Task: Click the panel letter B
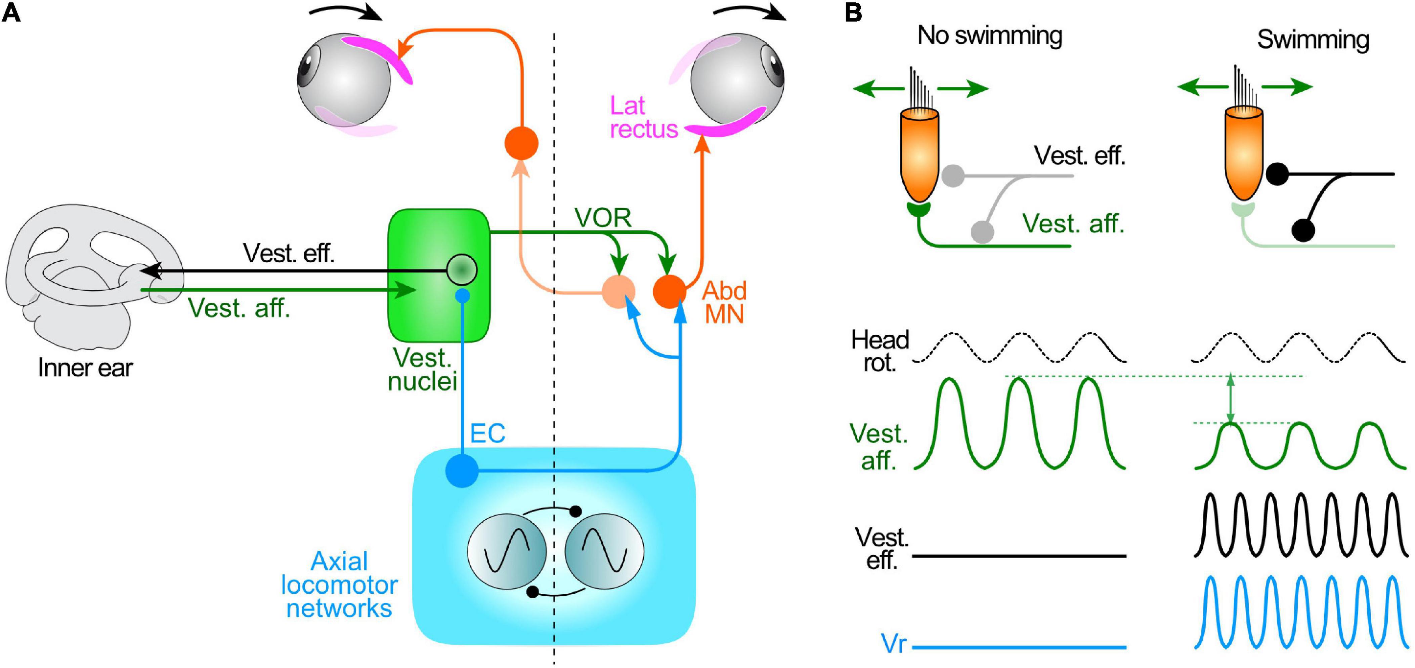click(x=853, y=12)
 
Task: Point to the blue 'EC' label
click(x=487, y=434)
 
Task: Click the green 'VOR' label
click(x=603, y=218)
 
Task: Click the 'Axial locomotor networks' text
click(x=339, y=585)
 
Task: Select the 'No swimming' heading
click(x=990, y=35)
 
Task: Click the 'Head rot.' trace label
click(x=880, y=351)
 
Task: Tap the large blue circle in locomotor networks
click(x=461, y=471)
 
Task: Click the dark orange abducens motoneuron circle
click(x=670, y=291)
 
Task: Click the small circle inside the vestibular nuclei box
click(x=461, y=269)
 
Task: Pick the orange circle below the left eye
click(x=521, y=143)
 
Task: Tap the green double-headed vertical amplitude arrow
click(x=1231, y=399)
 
